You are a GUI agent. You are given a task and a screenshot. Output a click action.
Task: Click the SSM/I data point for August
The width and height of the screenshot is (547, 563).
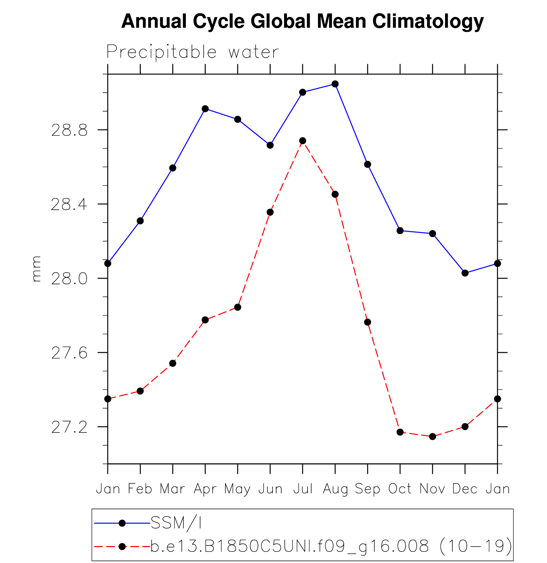pyautogui.click(x=335, y=84)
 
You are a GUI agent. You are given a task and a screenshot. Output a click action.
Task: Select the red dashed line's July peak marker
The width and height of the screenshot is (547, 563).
pyautogui.click(x=303, y=141)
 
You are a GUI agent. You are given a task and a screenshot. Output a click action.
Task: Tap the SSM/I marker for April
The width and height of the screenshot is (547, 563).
pyautogui.click(x=205, y=109)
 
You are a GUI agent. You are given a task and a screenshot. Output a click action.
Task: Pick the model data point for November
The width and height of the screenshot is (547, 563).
pyautogui.click(x=432, y=436)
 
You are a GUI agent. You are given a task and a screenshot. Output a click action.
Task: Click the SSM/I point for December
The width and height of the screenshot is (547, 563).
pyautogui.click(x=465, y=273)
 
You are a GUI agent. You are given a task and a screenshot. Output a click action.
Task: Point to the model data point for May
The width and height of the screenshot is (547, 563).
pyautogui.click(x=237, y=307)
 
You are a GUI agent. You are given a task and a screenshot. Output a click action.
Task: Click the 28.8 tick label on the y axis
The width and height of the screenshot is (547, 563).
pyautogui.click(x=69, y=131)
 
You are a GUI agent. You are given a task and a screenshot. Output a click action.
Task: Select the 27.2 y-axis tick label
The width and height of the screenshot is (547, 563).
pyautogui.click(x=69, y=427)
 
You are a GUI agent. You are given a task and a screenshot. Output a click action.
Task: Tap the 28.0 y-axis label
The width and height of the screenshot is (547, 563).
pyautogui.click(x=69, y=279)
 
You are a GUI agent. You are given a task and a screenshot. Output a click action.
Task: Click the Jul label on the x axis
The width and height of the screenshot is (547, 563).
pyautogui.click(x=303, y=489)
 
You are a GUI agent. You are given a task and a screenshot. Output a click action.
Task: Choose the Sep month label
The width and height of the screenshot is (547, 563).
pyautogui.click(x=367, y=489)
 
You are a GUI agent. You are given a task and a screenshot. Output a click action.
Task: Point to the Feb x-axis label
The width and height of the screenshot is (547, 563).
pyautogui.click(x=140, y=489)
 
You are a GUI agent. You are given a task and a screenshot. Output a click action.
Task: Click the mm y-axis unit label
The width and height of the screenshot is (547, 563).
pyautogui.click(x=36, y=269)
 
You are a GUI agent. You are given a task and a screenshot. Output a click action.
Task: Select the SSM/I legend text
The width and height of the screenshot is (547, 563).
pyautogui.click(x=176, y=523)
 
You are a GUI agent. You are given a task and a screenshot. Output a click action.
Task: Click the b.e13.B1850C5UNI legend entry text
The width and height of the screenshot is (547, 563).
pyautogui.click(x=331, y=546)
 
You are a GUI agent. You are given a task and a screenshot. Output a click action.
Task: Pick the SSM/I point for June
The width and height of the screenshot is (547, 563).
pyautogui.click(x=270, y=145)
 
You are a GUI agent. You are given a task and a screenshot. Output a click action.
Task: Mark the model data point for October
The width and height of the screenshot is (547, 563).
pyautogui.click(x=400, y=432)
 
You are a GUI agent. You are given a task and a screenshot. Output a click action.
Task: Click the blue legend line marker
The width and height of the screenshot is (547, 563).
pyautogui.click(x=122, y=523)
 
